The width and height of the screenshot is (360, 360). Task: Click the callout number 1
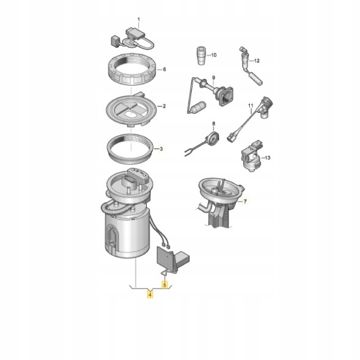point(139,20)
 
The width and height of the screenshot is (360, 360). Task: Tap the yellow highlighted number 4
point(150,295)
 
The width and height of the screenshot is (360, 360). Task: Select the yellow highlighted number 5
point(164,285)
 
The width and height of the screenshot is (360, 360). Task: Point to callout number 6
point(164,69)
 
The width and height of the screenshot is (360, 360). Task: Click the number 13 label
point(268,158)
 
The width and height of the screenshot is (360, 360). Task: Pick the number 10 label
point(213,55)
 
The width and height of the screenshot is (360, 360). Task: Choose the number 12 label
point(257,61)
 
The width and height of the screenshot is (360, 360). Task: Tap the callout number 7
point(245,202)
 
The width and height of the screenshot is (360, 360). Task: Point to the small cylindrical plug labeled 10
point(201,56)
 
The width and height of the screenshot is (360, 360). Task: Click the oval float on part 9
point(199,107)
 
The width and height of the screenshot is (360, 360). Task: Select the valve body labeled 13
point(251,156)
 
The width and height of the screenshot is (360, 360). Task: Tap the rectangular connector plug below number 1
point(135,33)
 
